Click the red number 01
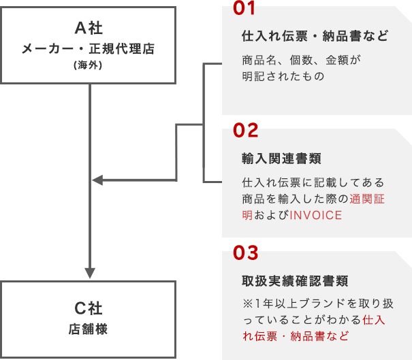(244, 8)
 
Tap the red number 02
(246, 130)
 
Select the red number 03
(246, 253)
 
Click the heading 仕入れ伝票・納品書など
(315, 36)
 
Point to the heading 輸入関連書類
(281, 159)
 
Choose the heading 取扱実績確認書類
(295, 281)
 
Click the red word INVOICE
(315, 215)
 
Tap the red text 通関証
(367, 199)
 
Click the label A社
(89, 28)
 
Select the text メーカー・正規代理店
(89, 49)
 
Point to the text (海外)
(88, 65)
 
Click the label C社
(89, 308)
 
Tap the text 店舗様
(88, 329)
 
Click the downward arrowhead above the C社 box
(90, 273)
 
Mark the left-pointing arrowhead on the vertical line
(97, 180)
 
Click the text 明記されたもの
(283, 76)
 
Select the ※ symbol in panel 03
(247, 304)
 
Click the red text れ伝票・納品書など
(296, 336)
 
